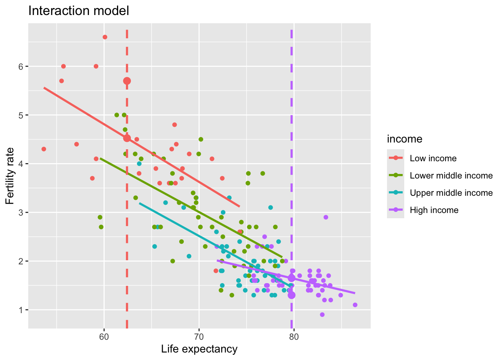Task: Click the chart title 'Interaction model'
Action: pyautogui.click(x=79, y=11)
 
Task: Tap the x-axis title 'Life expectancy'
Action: pyautogui.click(x=199, y=349)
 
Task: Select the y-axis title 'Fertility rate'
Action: pyautogui.click(x=10, y=176)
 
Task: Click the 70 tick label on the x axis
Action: pyautogui.click(x=199, y=337)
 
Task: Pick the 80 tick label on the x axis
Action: pyautogui.click(x=294, y=337)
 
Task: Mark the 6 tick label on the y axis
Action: pyautogui.click(x=21, y=66)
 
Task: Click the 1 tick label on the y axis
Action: pyautogui.click(x=21, y=310)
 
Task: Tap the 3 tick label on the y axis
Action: pyautogui.click(x=21, y=212)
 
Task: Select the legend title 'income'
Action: pyautogui.click(x=405, y=139)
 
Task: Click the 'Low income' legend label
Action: pyautogui.click(x=433, y=158)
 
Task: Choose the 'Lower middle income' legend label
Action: pyautogui.click(x=451, y=176)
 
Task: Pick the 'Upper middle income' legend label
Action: pyautogui.click(x=451, y=193)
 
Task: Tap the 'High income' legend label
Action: pyautogui.click(x=434, y=210)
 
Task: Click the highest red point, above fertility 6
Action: pyautogui.click(x=105, y=37)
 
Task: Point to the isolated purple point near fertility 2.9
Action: pyautogui.click(x=326, y=217)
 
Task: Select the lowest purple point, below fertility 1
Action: pyautogui.click(x=322, y=315)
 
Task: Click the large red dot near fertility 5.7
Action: pyautogui.click(x=127, y=81)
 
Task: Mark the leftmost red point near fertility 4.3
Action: pyautogui.click(x=44, y=149)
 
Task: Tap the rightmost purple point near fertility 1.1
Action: pyautogui.click(x=355, y=305)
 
